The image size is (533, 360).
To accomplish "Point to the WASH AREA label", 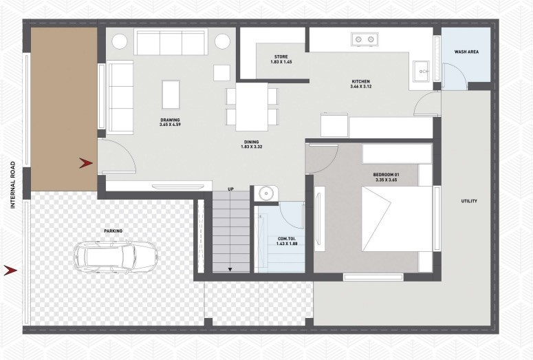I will click(x=467, y=52).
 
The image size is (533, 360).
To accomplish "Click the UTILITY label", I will click(x=469, y=202).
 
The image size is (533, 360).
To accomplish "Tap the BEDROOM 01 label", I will click(x=386, y=176).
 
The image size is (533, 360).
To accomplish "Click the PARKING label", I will click(x=113, y=231).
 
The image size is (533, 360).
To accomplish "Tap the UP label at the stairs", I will click(x=230, y=189).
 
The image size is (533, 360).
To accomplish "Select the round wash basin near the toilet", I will click(x=263, y=193).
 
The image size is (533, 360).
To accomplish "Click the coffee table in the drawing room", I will click(x=170, y=92).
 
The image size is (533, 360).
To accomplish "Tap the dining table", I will click(x=252, y=107).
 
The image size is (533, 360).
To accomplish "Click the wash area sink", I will click(x=420, y=70).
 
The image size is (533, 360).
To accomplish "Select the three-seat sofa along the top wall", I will click(x=171, y=43).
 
